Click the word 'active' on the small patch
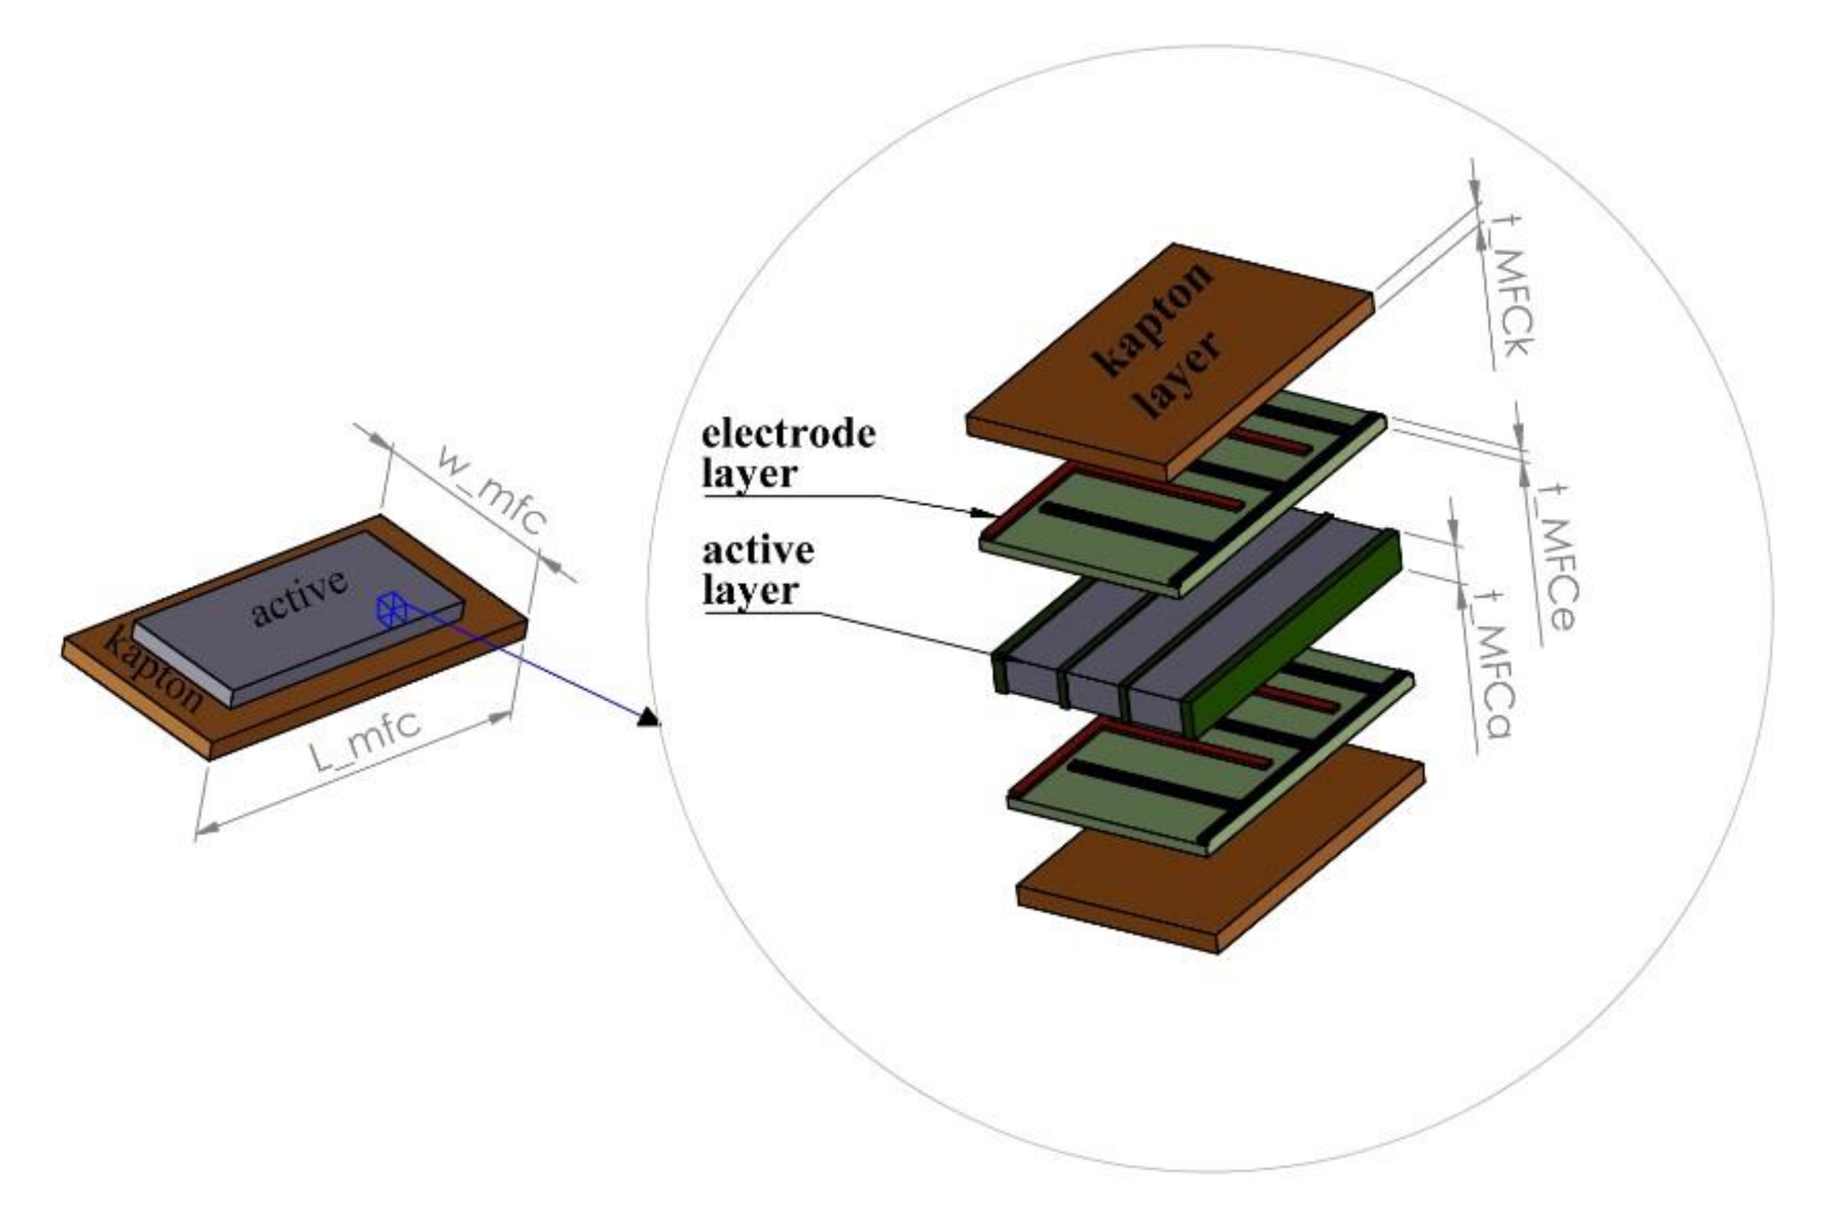click(300, 598)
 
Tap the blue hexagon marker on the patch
click(391, 608)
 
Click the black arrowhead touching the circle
click(649, 717)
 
